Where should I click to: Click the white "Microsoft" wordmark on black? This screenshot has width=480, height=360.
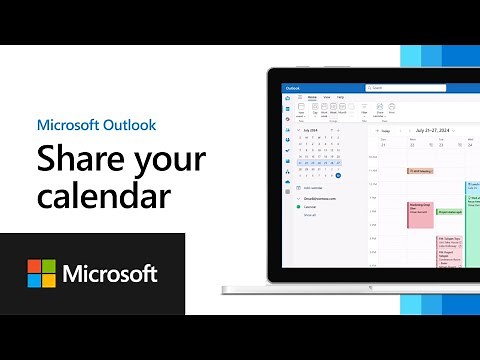tap(110, 273)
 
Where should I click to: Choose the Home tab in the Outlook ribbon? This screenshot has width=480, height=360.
tap(312, 98)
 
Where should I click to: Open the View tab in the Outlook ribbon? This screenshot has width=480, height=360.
tap(327, 98)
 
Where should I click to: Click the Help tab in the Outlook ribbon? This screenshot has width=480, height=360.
tap(341, 98)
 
